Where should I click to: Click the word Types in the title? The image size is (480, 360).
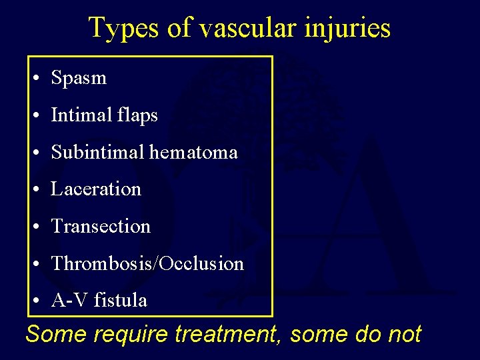pyautogui.click(x=117, y=28)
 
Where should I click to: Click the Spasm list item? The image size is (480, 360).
pyautogui.click(x=79, y=78)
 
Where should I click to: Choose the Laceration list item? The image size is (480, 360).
pyautogui.click(x=96, y=189)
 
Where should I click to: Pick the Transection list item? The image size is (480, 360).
pyautogui.click(x=101, y=227)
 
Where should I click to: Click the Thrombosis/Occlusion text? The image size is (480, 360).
pyautogui.click(x=147, y=264)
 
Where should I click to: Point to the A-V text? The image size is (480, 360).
pyautogui.click(x=69, y=301)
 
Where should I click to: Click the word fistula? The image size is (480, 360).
pyautogui.click(x=121, y=301)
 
